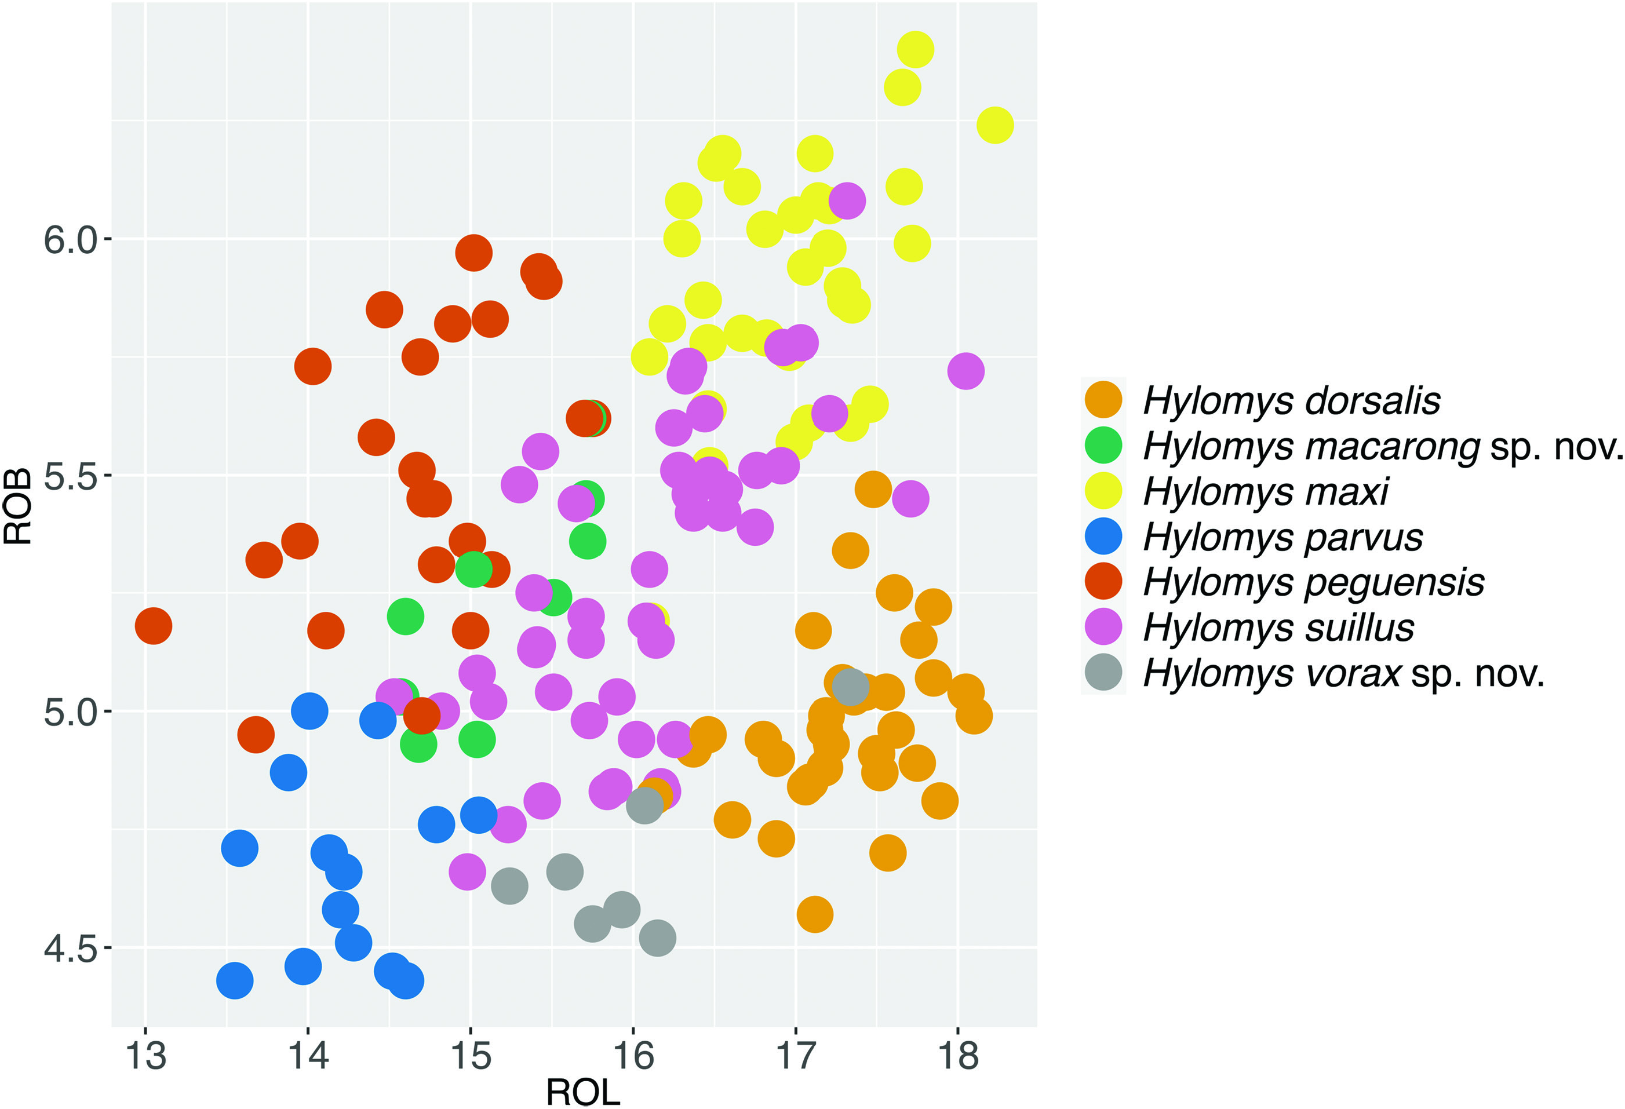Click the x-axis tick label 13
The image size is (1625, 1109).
[145, 1056]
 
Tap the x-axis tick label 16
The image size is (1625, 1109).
[633, 1056]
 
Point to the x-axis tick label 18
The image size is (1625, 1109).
[958, 1056]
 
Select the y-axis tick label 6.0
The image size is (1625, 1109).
[70, 240]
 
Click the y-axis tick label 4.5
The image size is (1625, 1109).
[70, 949]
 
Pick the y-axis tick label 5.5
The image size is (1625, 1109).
[70, 476]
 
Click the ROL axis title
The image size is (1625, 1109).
[582, 1092]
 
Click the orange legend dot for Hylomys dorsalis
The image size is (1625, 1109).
[1103, 400]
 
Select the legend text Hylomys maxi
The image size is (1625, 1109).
[1265, 491]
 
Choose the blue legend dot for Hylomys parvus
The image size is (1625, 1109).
[1103, 537]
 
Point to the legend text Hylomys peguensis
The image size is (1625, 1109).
[1313, 582]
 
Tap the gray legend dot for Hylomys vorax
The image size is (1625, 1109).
[1103, 673]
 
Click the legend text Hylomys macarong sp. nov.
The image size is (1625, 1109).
[1382, 446]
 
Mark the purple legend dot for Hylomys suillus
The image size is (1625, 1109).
[1103, 628]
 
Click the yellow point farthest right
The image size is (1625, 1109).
[995, 125]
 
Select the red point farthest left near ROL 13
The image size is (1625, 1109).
[153, 626]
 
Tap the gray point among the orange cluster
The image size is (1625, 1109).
[850, 687]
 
